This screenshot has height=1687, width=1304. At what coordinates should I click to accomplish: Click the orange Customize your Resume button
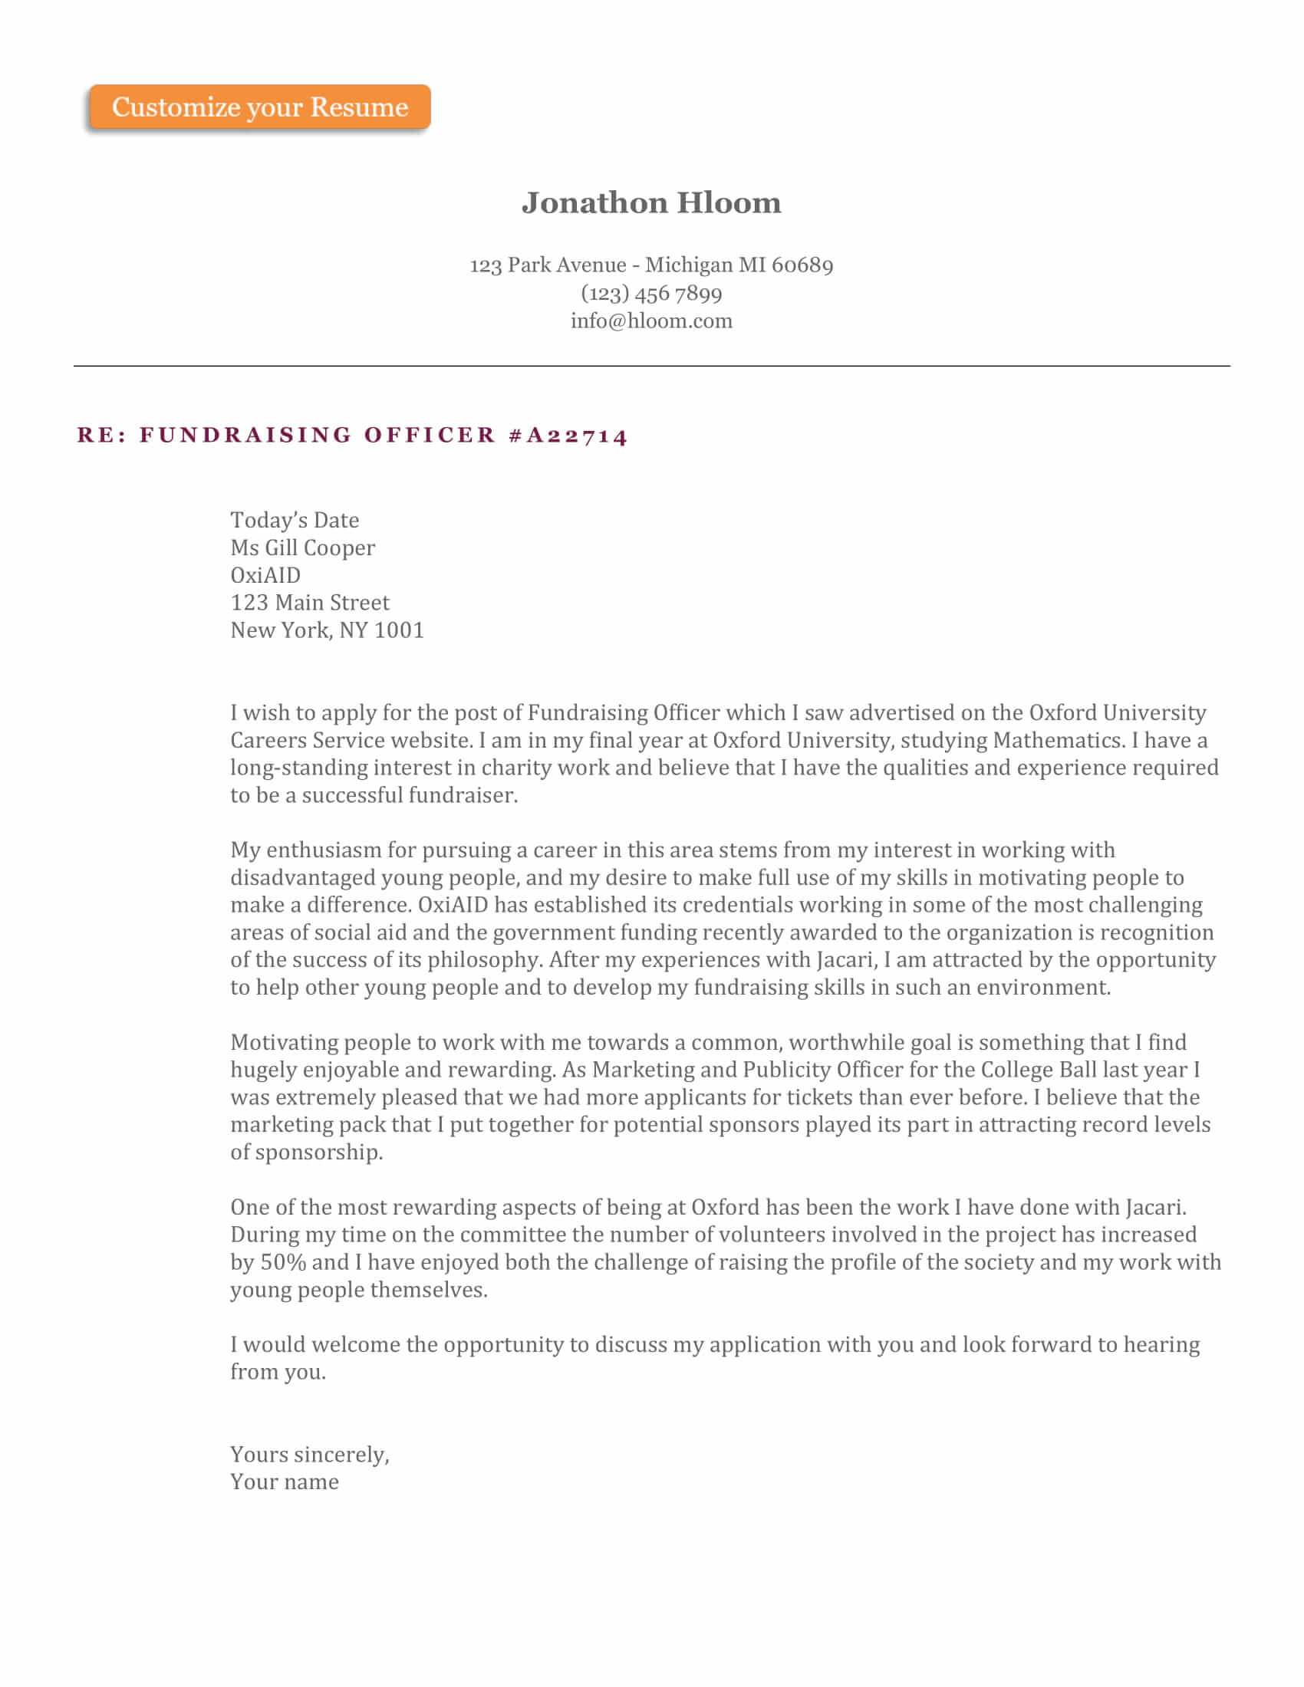(259, 107)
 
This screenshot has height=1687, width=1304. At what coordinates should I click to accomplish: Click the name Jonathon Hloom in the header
(651, 203)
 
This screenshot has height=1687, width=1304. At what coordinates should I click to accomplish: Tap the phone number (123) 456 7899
(651, 294)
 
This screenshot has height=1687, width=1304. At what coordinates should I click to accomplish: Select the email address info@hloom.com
(651, 321)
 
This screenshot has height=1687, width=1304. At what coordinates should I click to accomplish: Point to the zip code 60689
(802, 266)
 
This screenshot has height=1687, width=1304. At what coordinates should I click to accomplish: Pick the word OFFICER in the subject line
(430, 436)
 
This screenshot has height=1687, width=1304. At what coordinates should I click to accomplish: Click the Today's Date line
(295, 520)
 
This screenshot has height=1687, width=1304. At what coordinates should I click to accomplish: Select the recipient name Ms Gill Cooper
(302, 548)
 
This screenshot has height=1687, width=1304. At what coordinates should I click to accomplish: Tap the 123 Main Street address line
(310, 603)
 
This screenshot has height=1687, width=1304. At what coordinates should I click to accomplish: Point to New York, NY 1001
(327, 630)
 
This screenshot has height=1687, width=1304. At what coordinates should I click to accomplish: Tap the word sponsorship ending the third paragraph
(317, 1153)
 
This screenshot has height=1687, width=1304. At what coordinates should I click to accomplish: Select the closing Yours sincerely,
(309, 1455)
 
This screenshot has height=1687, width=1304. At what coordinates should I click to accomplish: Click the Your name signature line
(285, 1482)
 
